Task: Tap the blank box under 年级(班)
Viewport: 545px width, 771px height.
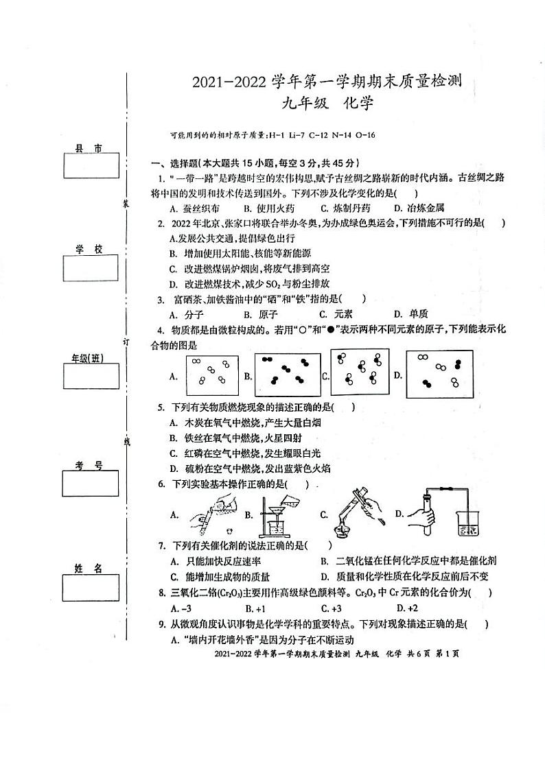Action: [x=90, y=376]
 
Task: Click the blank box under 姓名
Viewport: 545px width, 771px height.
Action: [x=90, y=586]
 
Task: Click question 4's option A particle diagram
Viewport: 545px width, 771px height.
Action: [x=211, y=375]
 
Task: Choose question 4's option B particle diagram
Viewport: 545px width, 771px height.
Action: [x=288, y=375]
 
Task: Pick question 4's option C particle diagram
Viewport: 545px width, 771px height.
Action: [x=360, y=373]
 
